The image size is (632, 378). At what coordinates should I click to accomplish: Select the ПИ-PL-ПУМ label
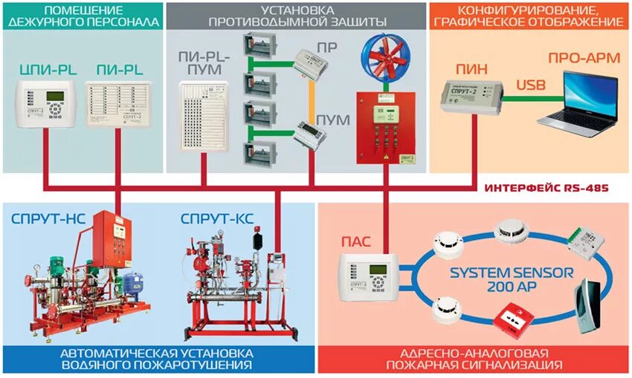click(x=206, y=62)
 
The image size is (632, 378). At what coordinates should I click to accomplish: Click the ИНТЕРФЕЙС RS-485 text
click(x=546, y=189)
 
